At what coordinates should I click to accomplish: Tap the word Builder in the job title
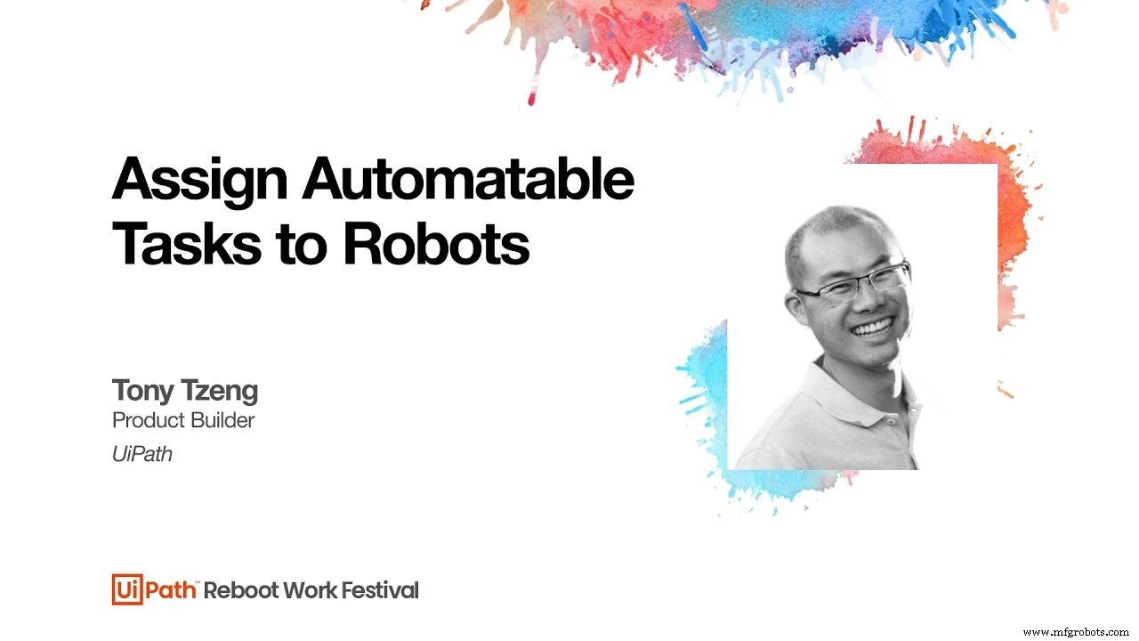(x=223, y=420)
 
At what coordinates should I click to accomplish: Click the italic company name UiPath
(x=141, y=454)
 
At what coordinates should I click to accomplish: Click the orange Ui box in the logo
(x=124, y=589)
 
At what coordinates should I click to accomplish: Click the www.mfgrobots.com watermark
(x=1077, y=632)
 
